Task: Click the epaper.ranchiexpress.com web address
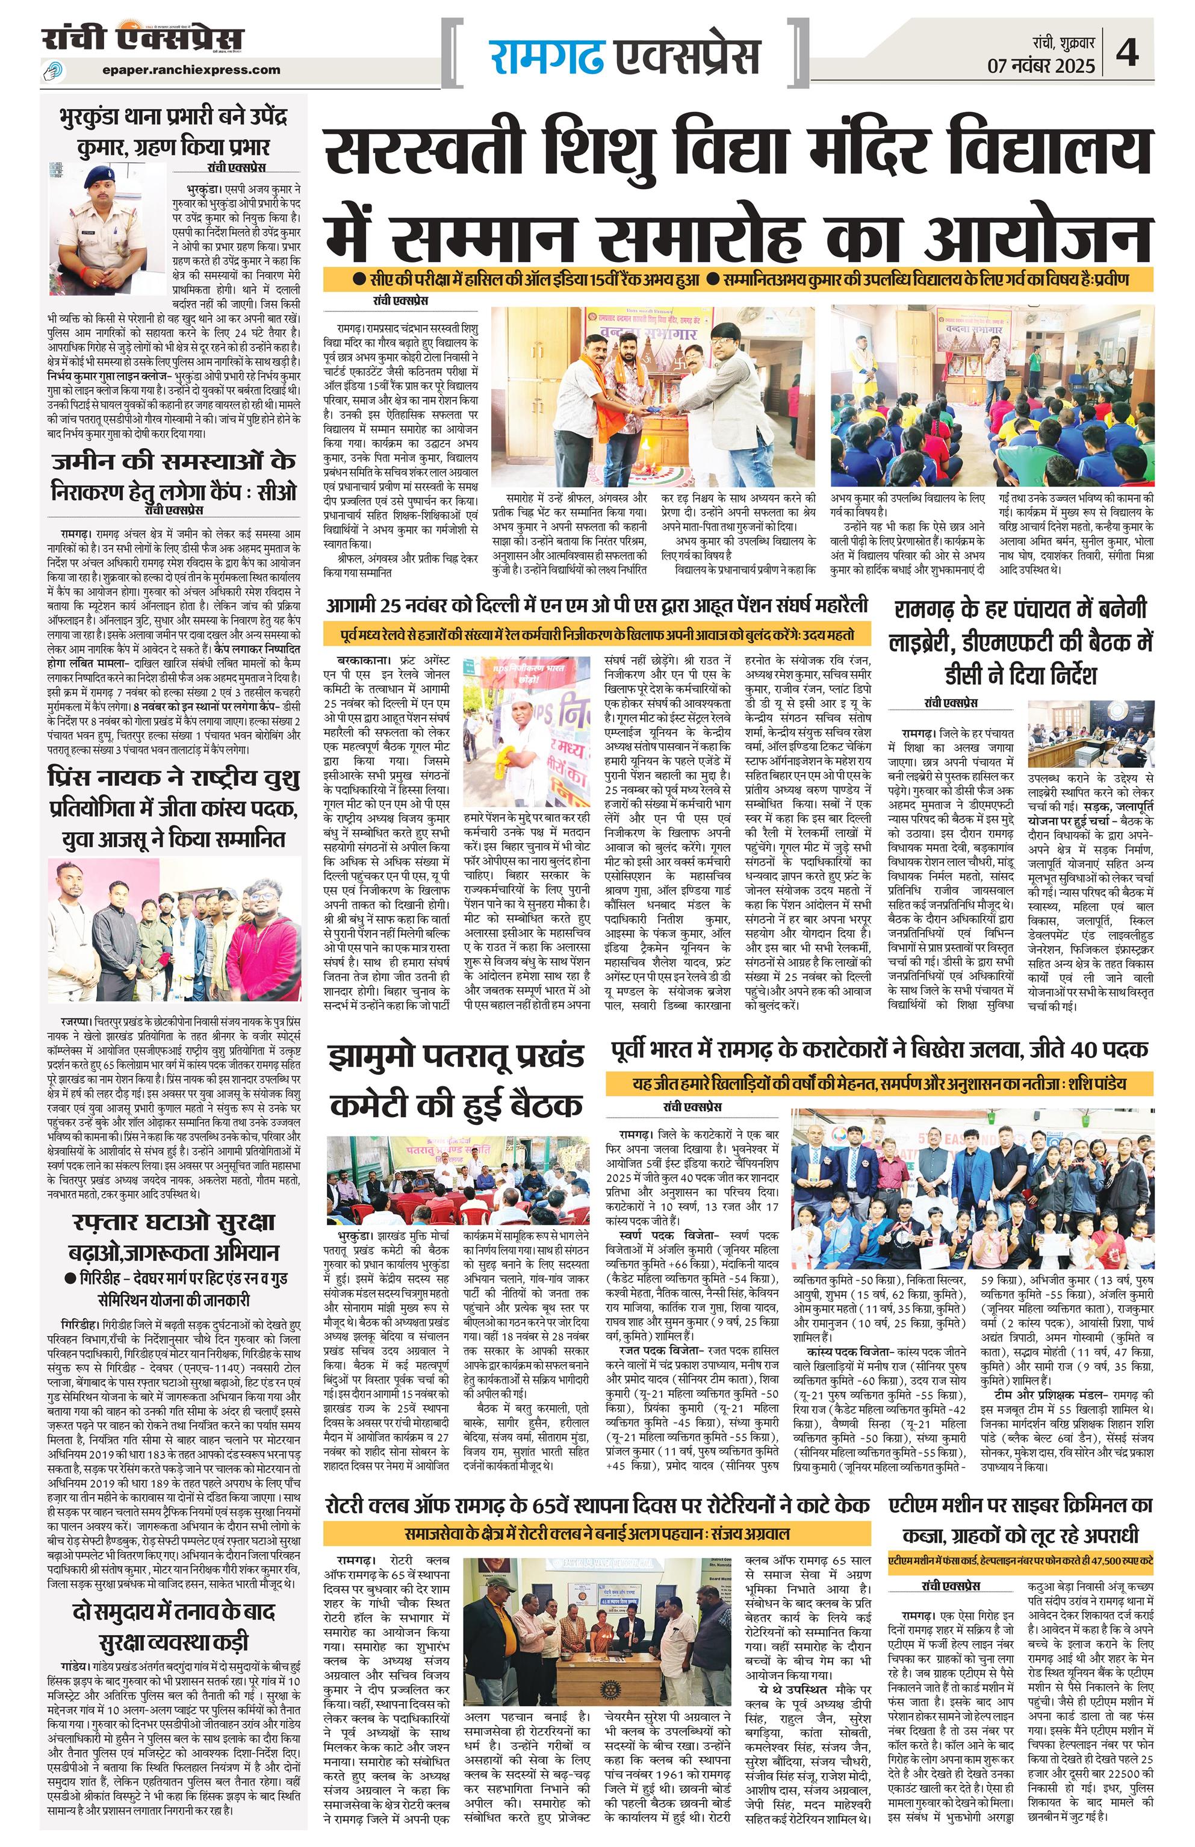(x=190, y=70)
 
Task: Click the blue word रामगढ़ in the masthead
(x=546, y=57)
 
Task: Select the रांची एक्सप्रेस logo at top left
(x=143, y=39)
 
